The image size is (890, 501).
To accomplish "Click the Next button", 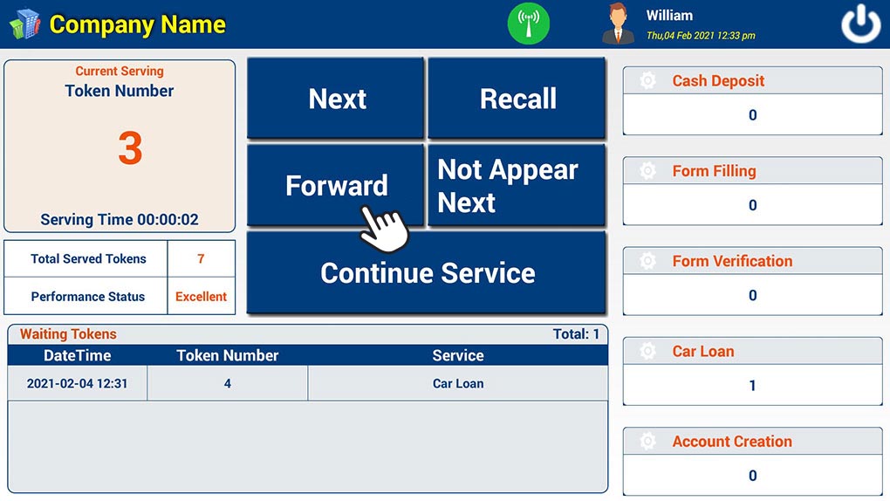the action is click(335, 98).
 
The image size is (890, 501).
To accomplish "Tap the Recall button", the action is click(517, 98).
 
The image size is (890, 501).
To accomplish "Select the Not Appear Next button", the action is click(517, 185).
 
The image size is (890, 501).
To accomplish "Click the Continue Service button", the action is click(427, 272).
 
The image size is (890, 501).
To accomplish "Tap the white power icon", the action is click(860, 24).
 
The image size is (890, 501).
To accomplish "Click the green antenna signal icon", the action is click(529, 24).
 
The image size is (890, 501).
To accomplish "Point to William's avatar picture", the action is click(618, 24).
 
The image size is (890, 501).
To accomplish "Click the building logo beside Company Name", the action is click(25, 24).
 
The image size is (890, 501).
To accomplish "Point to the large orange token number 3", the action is click(130, 148).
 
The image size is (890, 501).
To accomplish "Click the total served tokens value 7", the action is click(201, 259).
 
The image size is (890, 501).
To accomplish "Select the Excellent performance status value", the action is click(201, 297).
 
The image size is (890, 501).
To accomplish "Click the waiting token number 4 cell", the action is click(228, 383).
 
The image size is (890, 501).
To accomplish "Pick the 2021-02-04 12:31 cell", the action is click(77, 383).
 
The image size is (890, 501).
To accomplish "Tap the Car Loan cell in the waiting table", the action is click(458, 383).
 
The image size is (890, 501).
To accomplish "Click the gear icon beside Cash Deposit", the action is click(647, 80).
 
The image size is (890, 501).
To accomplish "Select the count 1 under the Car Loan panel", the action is click(753, 386).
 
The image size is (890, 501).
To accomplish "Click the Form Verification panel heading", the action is click(732, 261).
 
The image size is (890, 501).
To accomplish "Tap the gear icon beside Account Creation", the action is click(647, 442).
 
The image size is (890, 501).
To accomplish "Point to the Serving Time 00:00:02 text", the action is click(120, 220).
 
